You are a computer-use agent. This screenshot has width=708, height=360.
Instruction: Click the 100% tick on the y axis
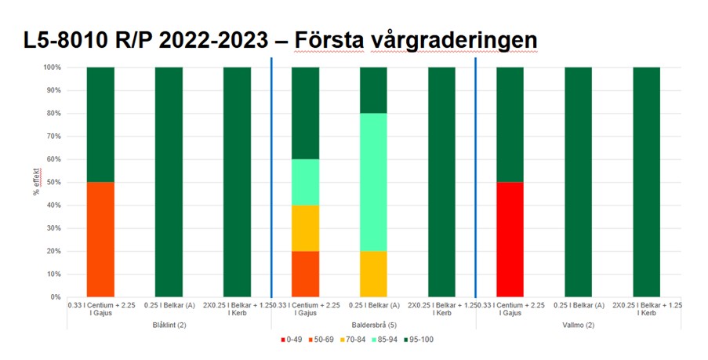pyautogui.click(x=51, y=67)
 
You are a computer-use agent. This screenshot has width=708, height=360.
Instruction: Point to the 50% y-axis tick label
pyautogui.click(x=53, y=183)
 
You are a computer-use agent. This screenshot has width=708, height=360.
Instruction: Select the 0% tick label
pyautogui.click(x=54, y=297)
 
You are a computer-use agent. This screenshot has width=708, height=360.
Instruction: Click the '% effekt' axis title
pyautogui.click(x=36, y=181)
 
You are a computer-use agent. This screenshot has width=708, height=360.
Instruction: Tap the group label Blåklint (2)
pyautogui.click(x=169, y=324)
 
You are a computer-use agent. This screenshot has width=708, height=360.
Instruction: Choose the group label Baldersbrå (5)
pyautogui.click(x=373, y=324)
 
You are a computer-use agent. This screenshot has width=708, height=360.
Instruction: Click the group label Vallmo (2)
pyautogui.click(x=578, y=324)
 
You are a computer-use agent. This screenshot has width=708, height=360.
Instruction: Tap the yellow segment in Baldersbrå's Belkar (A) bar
pyautogui.click(x=373, y=275)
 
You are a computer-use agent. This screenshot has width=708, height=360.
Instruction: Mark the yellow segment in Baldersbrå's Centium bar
pyautogui.click(x=305, y=228)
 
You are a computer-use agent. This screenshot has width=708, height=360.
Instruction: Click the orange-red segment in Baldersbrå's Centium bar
pyautogui.click(x=305, y=275)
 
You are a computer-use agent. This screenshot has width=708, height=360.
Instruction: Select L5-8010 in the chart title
pyautogui.click(x=66, y=39)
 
